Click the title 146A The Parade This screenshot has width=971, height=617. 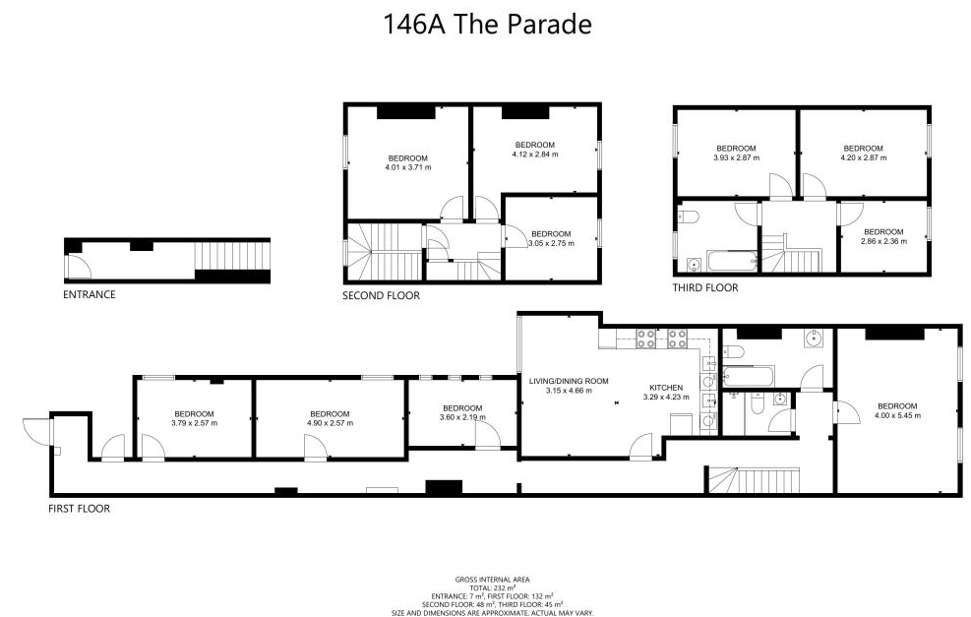pyautogui.click(x=487, y=25)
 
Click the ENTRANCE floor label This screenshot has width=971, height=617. pyautogui.click(x=90, y=295)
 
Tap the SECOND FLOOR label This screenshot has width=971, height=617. pyautogui.click(x=381, y=296)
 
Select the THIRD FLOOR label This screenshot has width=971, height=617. pyautogui.click(x=705, y=288)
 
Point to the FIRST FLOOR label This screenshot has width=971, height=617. pyautogui.click(x=80, y=509)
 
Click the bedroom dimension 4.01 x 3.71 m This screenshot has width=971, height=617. pyautogui.click(x=408, y=167)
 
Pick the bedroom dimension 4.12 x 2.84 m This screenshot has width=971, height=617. pyautogui.click(x=535, y=154)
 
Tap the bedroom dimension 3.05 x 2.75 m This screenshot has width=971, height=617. pyautogui.click(x=551, y=243)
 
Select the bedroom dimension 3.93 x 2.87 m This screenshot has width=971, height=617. pyautogui.click(x=736, y=158)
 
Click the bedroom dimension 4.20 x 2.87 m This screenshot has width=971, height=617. pyautogui.click(x=863, y=158)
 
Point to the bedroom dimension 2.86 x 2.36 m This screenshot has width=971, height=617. pyautogui.click(x=883, y=242)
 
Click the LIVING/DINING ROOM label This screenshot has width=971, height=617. pyautogui.click(x=569, y=382)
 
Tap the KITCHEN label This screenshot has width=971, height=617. pyautogui.click(x=666, y=388)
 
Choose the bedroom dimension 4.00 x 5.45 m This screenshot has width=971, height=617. pyautogui.click(x=897, y=415)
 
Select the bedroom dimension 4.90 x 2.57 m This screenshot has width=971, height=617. pyautogui.click(x=331, y=424)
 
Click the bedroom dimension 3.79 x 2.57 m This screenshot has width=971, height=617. pyautogui.click(x=195, y=424)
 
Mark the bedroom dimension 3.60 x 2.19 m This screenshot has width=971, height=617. pyautogui.click(x=462, y=417)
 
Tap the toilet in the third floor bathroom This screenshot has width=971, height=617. pyautogui.click(x=688, y=216)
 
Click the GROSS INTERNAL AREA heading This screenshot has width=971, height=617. pyautogui.click(x=492, y=581)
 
